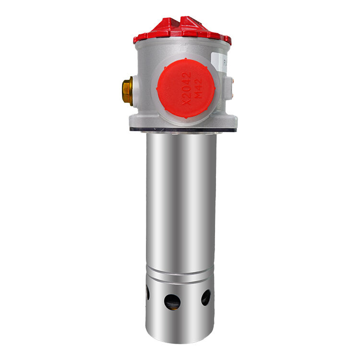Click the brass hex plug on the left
pyautogui.click(x=127, y=91)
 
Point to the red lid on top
pyautogui.click(x=182, y=30)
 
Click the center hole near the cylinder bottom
pyautogui.click(x=172, y=301)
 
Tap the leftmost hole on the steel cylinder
pyautogui.click(x=147, y=292)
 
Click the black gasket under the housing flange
pyautogui.click(x=182, y=130)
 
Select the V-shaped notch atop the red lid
pyautogui.click(x=184, y=20)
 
